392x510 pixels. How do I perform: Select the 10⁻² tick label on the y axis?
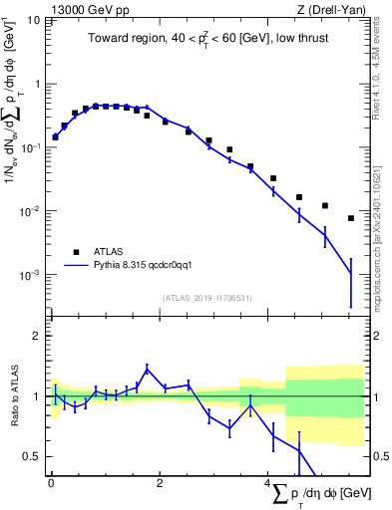pyautogui.click(x=30, y=211)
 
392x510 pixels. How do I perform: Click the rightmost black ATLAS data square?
pyautogui.click(x=351, y=218)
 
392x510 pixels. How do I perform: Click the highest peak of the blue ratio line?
pyautogui.click(x=147, y=369)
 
